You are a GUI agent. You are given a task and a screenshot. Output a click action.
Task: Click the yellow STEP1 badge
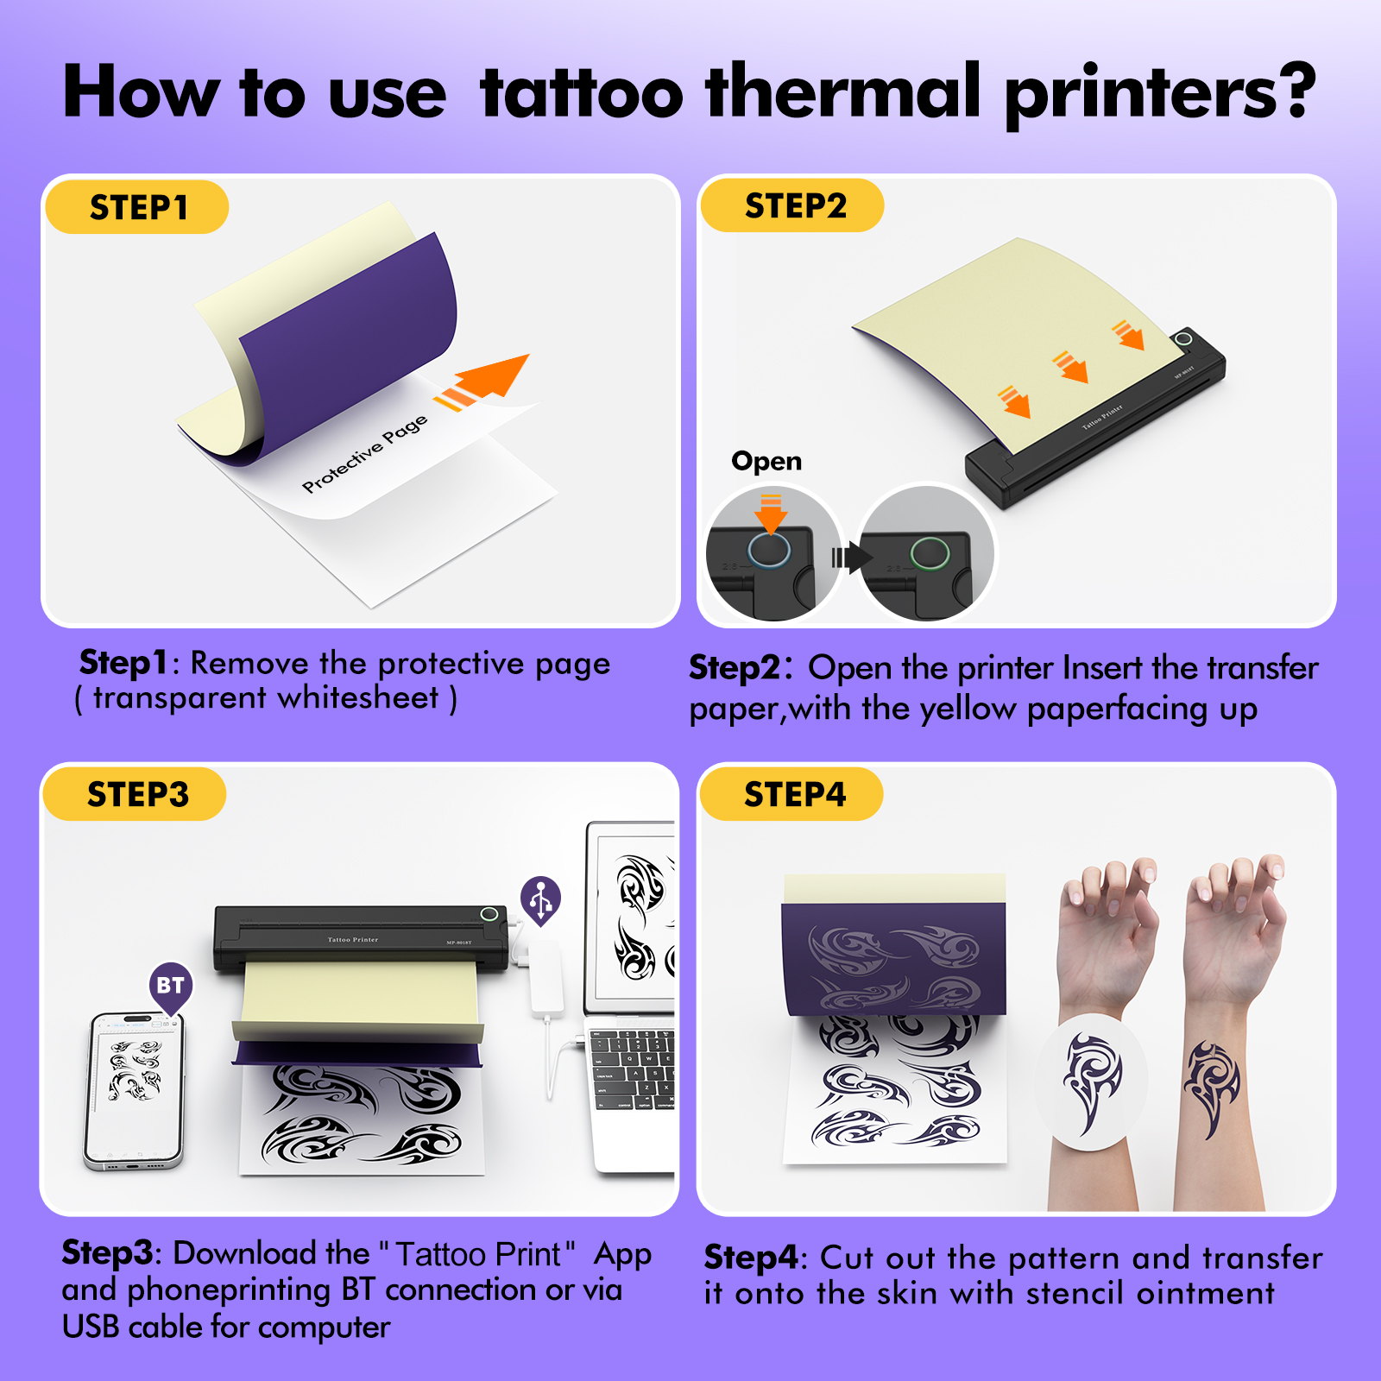point(137,207)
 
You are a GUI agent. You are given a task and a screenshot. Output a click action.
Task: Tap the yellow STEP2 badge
point(793,205)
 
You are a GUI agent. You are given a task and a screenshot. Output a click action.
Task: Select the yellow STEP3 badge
point(136,794)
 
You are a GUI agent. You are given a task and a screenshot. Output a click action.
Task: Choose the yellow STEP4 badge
point(793,794)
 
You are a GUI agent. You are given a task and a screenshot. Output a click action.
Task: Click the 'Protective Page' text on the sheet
point(364,453)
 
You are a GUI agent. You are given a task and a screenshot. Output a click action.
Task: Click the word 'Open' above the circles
point(766,461)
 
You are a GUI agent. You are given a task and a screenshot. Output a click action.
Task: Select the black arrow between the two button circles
point(850,557)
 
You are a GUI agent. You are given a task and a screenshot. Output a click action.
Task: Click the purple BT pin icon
point(170,986)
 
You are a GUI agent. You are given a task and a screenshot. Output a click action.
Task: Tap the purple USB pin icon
point(541,900)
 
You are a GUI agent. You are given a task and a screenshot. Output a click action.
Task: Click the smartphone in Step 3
point(134,1089)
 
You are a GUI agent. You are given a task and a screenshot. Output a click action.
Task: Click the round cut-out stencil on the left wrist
point(1091,1081)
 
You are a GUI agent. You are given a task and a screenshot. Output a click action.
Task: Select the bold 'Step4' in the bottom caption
point(750,1258)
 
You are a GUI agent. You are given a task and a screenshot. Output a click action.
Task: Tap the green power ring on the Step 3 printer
point(489,914)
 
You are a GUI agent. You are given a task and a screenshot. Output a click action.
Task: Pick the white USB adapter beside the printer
point(545,975)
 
